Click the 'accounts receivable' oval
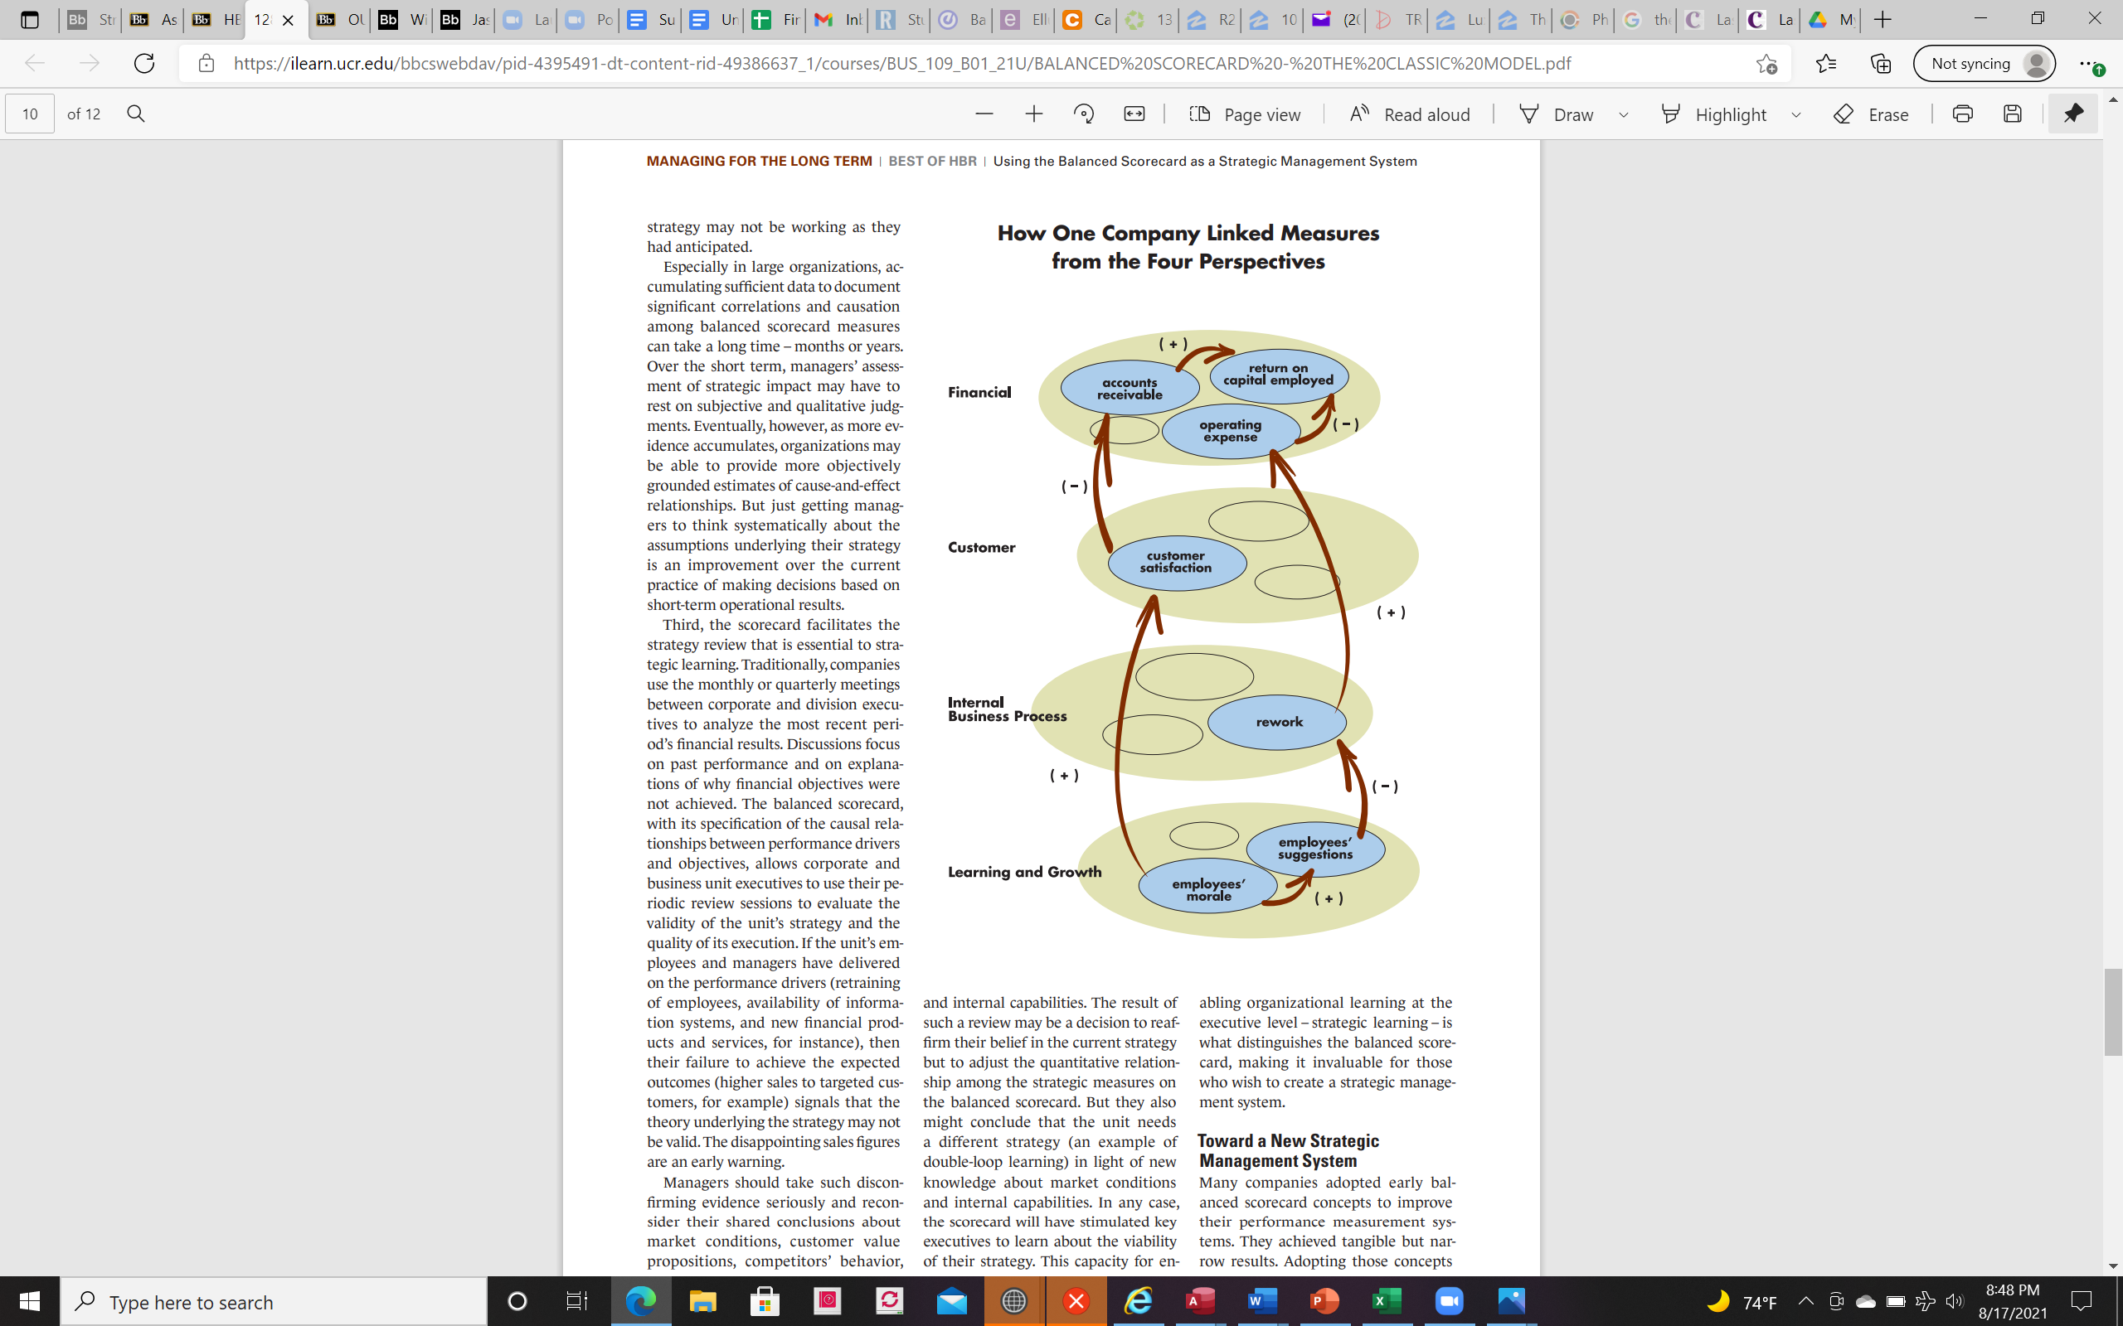click(x=1130, y=389)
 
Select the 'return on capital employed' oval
click(x=1278, y=375)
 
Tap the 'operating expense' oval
click(x=1231, y=431)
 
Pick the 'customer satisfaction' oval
click(x=1177, y=562)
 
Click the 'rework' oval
click(x=1277, y=722)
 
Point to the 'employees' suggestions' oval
click(x=1315, y=848)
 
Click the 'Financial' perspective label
click(x=979, y=392)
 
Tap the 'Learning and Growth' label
click(x=1025, y=872)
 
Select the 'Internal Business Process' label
click(x=1007, y=709)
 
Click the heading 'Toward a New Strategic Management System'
click(x=1288, y=1150)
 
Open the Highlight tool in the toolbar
click(x=1714, y=114)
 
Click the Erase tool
click(x=1871, y=114)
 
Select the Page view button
click(x=1245, y=114)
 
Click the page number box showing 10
click(x=30, y=114)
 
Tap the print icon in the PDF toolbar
click(x=1962, y=114)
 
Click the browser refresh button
click(x=143, y=63)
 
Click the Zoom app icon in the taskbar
click(x=1449, y=1300)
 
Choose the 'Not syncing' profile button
click(x=1984, y=63)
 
